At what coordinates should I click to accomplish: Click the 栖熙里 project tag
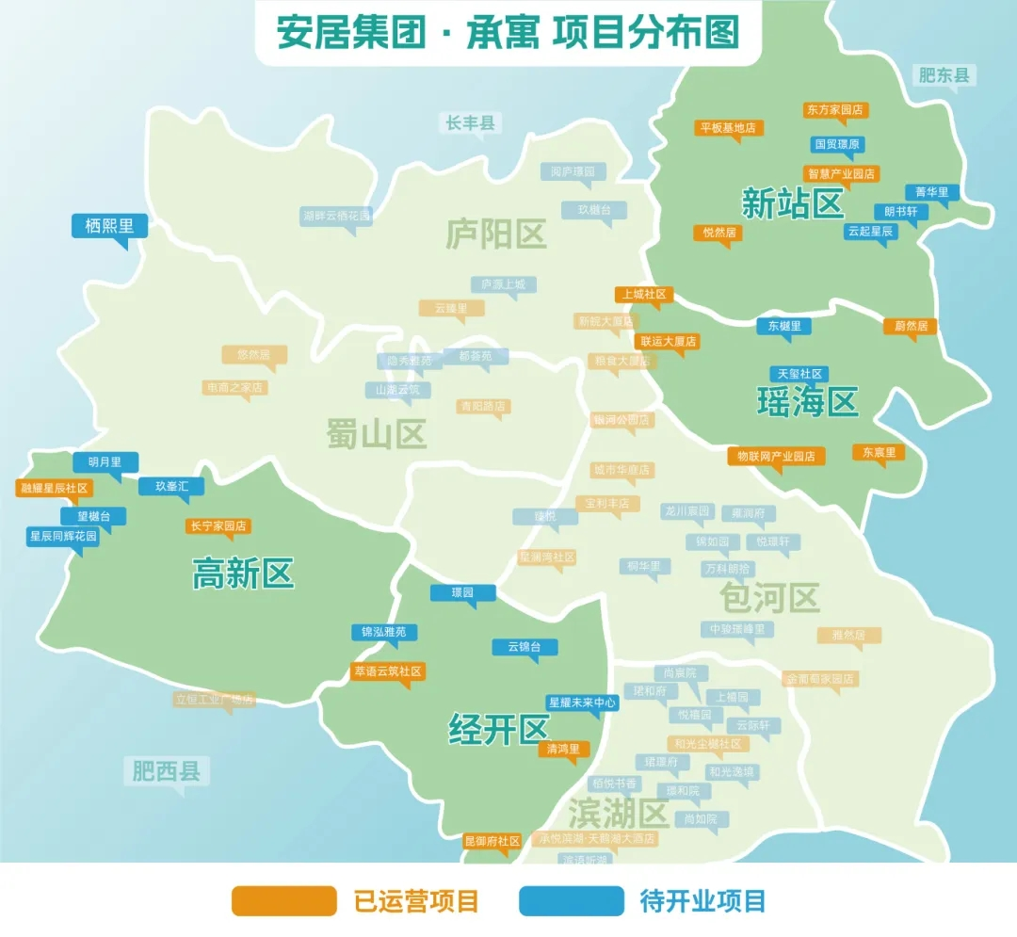point(109,226)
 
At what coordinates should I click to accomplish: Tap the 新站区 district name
point(792,203)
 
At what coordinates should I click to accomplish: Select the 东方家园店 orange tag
point(834,110)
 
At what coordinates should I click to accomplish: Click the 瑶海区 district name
point(807,402)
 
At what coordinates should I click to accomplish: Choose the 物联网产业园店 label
point(776,456)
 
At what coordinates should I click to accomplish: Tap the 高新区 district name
point(243,573)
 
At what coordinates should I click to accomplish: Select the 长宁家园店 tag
point(218,526)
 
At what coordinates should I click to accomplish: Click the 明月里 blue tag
point(105,462)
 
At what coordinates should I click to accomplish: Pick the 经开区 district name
point(497,729)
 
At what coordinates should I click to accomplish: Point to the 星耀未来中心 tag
point(582,703)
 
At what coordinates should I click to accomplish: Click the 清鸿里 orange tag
point(564,749)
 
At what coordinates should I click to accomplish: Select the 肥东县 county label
point(944,75)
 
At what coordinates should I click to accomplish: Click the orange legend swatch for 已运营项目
point(283,901)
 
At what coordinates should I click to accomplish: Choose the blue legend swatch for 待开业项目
point(571,901)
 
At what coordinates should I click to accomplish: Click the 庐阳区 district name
point(495,234)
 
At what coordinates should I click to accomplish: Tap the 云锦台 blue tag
point(525,647)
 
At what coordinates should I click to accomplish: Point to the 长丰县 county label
point(470,122)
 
